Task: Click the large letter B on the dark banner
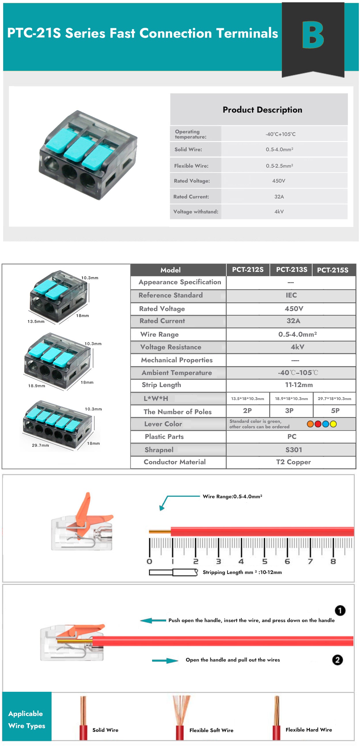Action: click(x=313, y=35)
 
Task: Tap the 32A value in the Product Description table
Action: click(x=279, y=197)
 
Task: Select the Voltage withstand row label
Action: click(x=196, y=212)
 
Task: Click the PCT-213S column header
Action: click(x=291, y=269)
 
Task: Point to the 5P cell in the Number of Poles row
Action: click(x=335, y=411)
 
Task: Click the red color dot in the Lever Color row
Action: click(x=318, y=424)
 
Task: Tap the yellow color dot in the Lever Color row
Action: click(x=333, y=424)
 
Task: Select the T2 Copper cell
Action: click(x=293, y=462)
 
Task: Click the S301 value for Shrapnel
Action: click(x=293, y=450)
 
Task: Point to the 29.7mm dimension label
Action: click(x=41, y=445)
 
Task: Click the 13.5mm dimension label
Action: click(x=36, y=321)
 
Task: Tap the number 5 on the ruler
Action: click(x=264, y=561)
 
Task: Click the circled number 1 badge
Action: click(x=340, y=611)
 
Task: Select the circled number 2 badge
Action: click(x=337, y=660)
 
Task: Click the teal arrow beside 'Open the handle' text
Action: click(x=165, y=661)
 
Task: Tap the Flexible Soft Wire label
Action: click(x=211, y=730)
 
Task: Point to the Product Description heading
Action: click(x=262, y=110)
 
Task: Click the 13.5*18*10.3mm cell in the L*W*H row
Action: click(x=247, y=399)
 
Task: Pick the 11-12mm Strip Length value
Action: click(x=299, y=385)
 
